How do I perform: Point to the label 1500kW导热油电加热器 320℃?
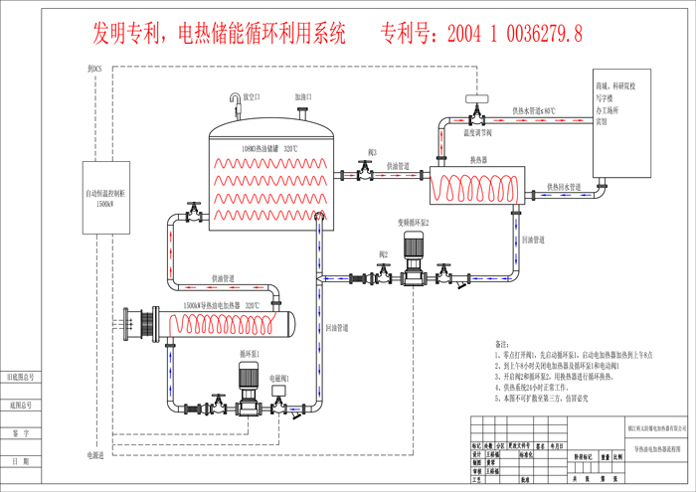221,306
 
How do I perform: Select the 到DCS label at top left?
94,68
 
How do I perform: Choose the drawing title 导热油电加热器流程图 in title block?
660,450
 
